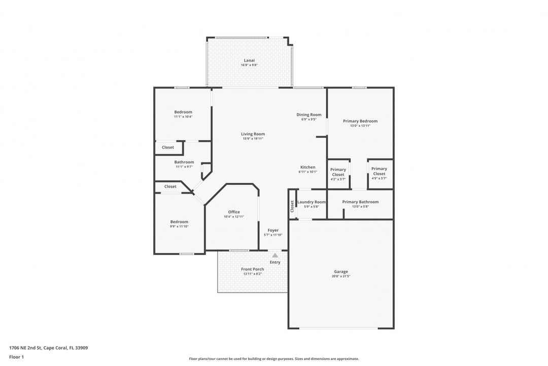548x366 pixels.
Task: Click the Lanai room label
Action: point(249,60)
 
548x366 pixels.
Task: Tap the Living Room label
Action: point(253,134)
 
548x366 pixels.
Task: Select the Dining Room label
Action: point(309,115)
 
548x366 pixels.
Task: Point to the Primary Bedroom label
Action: point(360,121)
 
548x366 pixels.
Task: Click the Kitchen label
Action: point(307,167)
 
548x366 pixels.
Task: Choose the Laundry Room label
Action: point(312,202)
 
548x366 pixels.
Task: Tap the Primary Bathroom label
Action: point(360,202)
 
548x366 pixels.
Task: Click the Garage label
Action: point(341,271)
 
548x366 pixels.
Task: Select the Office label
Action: point(234,212)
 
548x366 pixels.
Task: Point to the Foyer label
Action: point(273,230)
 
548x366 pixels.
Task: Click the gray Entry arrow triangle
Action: point(275,255)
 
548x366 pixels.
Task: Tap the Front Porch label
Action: point(252,269)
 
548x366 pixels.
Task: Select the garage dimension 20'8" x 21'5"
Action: point(341,277)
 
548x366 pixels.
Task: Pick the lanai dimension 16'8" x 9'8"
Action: point(249,65)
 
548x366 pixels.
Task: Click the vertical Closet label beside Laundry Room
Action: point(292,206)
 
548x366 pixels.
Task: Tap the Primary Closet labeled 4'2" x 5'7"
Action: point(338,172)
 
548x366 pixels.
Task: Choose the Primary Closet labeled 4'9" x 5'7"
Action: point(379,171)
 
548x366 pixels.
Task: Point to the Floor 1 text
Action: point(16,357)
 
